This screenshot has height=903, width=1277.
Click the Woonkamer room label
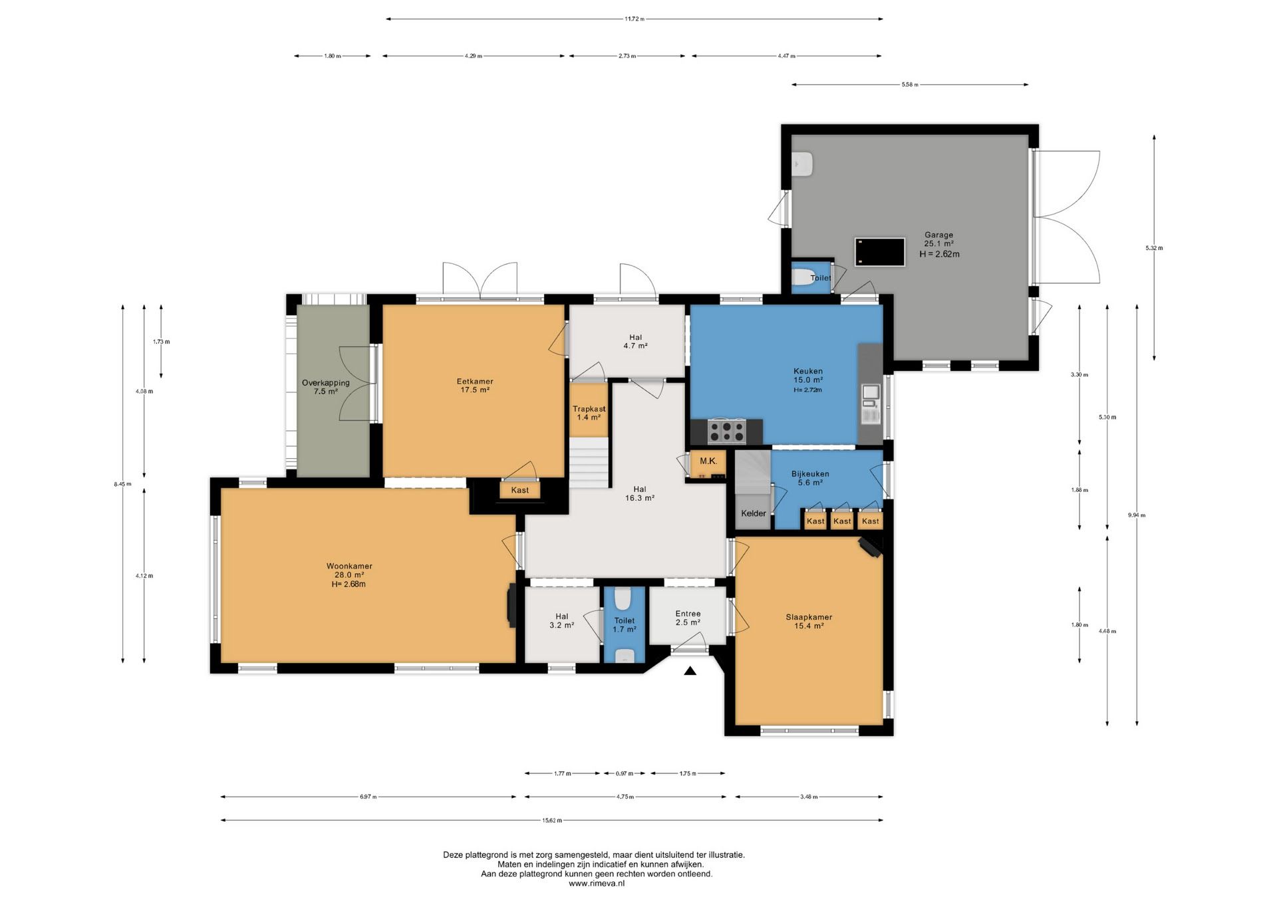[x=349, y=567]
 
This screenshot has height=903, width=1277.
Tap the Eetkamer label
[x=475, y=382]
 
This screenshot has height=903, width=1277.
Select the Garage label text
[x=938, y=235]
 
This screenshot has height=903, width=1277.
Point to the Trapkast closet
[x=589, y=410]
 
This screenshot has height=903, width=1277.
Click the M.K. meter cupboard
[x=708, y=463]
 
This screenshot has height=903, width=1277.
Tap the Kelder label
[x=754, y=513]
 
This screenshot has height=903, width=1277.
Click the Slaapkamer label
[x=809, y=617]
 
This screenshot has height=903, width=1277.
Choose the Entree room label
[x=688, y=614]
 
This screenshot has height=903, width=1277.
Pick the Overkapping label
[x=326, y=383]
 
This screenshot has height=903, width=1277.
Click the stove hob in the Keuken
[x=726, y=431]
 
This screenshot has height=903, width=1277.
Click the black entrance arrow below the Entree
[x=690, y=671]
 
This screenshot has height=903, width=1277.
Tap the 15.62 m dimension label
[x=552, y=821]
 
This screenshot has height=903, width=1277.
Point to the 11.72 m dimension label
[x=635, y=19]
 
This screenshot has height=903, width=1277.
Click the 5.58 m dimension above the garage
[x=910, y=85]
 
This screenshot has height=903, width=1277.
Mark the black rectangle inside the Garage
[x=880, y=252]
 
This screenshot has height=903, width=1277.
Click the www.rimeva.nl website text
[x=597, y=884]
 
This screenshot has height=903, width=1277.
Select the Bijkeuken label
[x=810, y=474]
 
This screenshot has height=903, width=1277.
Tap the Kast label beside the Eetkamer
[x=520, y=490]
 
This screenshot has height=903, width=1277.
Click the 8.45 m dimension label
[x=122, y=484]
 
